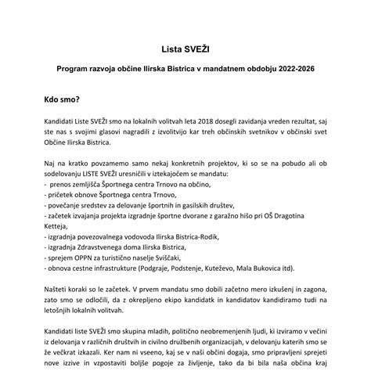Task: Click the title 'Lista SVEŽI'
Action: (185, 48)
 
